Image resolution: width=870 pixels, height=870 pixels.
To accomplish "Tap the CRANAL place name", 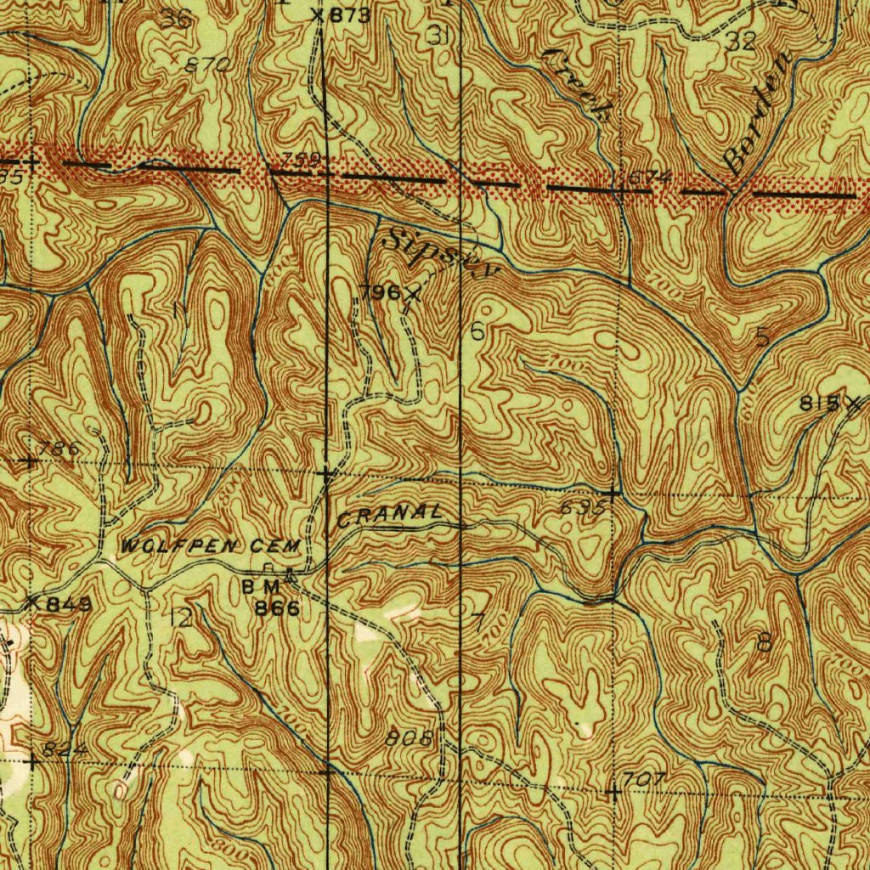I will [390, 515].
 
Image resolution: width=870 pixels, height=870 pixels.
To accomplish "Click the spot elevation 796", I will [379, 293].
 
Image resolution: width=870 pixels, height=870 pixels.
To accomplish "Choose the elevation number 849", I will [63, 604].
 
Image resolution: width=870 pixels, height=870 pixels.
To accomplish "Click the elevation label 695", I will [583, 509].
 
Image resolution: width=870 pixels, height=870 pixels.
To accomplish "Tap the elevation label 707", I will [643, 779].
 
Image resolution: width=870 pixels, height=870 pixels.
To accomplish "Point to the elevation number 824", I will [65, 749].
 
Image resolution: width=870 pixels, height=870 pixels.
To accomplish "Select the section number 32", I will [741, 42].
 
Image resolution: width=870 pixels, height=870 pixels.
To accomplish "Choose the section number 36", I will [178, 20].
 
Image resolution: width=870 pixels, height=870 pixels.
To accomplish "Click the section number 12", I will [180, 619].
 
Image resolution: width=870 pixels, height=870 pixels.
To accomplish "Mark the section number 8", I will [764, 643].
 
